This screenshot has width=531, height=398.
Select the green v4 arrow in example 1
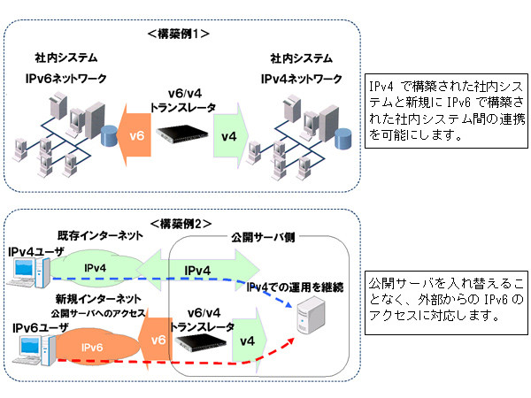pos(229,135)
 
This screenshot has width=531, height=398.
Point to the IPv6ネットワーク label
pos(65,80)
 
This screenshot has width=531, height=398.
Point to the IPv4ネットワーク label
pos(301,80)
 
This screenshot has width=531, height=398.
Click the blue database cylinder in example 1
pos(110,136)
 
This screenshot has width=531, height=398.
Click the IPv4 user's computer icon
pos(27,273)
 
